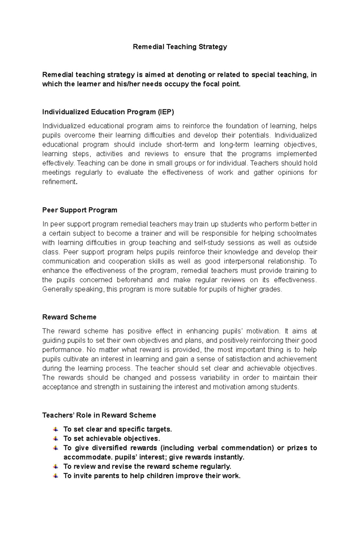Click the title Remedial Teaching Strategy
[x=180, y=47]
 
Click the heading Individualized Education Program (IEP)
[x=108, y=112]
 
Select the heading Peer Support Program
[x=79, y=210]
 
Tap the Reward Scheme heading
[x=69, y=317]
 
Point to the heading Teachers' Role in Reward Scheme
[x=99, y=415]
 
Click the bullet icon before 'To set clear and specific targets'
[x=55, y=429]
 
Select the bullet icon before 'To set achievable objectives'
[x=55, y=439]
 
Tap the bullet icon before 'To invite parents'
[x=55, y=476]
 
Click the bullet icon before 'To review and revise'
[x=55, y=466]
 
